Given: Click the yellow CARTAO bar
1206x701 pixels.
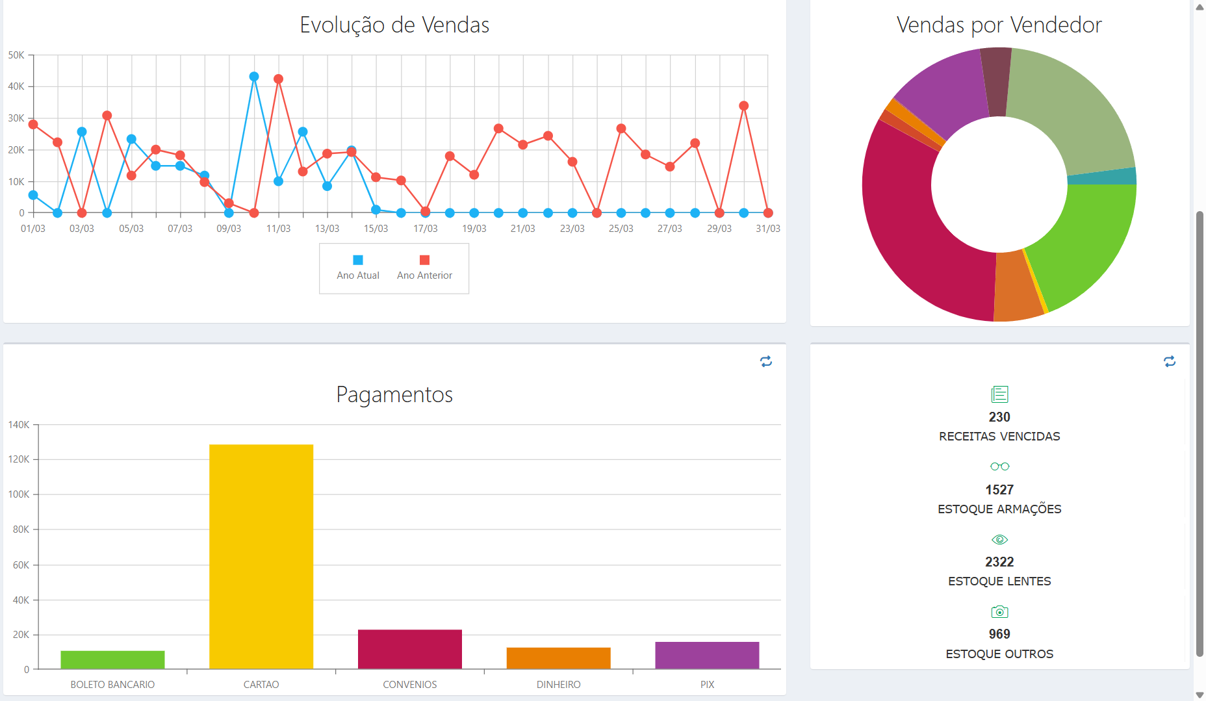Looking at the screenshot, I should (261, 556).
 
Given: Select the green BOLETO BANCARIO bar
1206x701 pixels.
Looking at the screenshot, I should (112, 659).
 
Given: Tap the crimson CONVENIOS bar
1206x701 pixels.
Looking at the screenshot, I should (410, 649).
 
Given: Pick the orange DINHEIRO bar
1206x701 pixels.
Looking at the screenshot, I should (559, 658).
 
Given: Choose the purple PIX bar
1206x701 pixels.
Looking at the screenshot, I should (707, 655).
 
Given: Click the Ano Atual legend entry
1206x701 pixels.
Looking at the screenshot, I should (358, 268).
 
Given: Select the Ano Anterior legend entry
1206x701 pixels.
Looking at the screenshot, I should (424, 268).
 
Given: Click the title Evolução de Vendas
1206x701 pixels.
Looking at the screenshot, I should (394, 25).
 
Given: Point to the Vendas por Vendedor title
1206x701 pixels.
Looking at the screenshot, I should (999, 25).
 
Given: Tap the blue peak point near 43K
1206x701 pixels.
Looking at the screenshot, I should (254, 77).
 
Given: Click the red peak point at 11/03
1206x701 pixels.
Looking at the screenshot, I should (278, 79).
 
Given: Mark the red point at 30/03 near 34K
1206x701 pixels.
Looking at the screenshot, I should (744, 106).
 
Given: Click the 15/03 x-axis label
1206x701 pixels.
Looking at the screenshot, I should (376, 229).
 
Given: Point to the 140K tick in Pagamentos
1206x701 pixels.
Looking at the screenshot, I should (19, 425).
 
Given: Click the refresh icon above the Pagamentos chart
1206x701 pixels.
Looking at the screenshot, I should (766, 361).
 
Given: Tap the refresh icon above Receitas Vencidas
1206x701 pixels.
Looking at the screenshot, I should (1170, 361).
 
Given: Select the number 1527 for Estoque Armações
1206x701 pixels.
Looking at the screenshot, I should (999, 490).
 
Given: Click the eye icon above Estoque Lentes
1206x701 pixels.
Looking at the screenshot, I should (999, 540).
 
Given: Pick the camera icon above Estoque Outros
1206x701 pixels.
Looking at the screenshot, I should (999, 612).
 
